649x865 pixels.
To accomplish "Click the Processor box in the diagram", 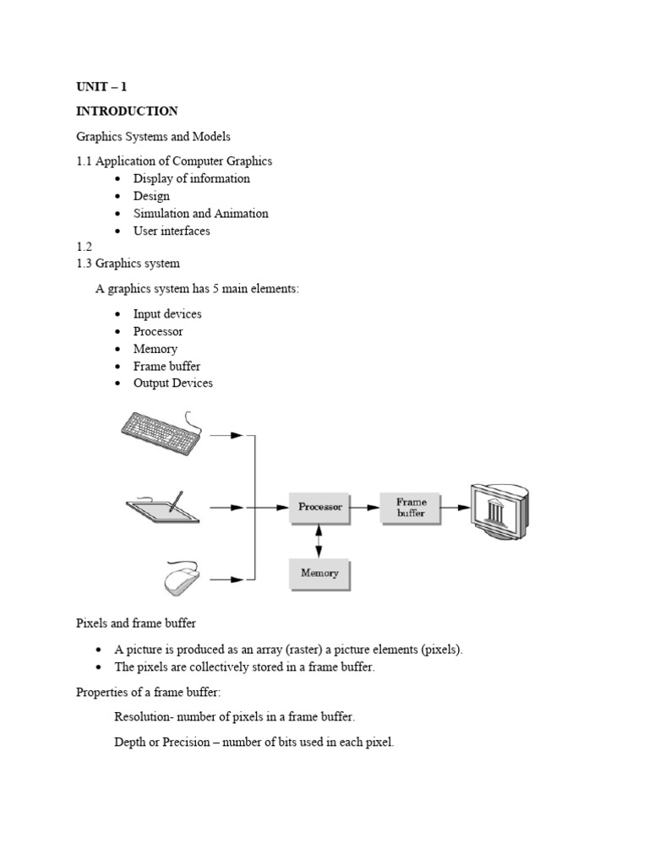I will click(x=320, y=508).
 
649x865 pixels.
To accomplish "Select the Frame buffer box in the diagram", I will click(x=411, y=508).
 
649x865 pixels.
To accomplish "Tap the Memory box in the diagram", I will click(x=319, y=573).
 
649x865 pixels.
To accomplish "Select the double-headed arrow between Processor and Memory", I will click(x=319, y=541).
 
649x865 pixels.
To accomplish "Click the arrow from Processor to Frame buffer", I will click(x=365, y=508).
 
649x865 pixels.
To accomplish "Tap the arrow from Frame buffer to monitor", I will click(x=455, y=508).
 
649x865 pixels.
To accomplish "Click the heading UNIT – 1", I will click(x=101, y=86).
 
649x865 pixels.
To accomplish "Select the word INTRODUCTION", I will click(x=127, y=111).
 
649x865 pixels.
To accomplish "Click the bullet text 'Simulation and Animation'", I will click(x=200, y=214).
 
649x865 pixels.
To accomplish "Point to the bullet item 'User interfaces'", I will click(x=172, y=231).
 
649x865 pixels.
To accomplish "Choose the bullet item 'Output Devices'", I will click(x=172, y=384).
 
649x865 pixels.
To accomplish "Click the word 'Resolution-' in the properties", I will click(x=145, y=717).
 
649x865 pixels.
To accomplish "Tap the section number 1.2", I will click(x=84, y=247).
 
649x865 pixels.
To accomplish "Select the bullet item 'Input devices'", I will click(x=167, y=314).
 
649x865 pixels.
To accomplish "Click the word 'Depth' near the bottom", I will click(x=130, y=743).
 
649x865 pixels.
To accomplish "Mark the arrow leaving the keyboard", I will click(x=226, y=435).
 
